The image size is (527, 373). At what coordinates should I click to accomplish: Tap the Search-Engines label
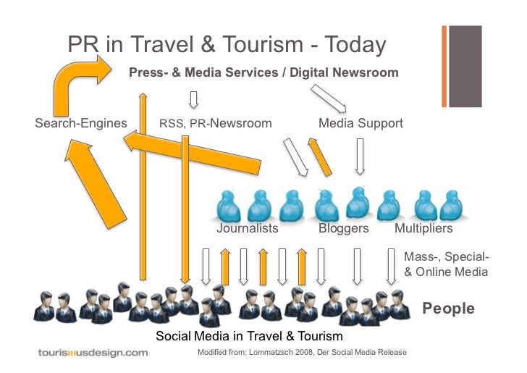tap(81, 123)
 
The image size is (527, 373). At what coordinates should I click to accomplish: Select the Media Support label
tap(361, 123)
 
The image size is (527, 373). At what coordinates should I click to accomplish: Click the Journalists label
tap(248, 228)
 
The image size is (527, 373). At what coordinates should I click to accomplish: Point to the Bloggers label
tap(344, 228)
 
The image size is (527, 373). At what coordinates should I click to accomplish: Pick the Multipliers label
tap(423, 228)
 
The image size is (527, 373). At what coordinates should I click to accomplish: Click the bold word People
tap(449, 309)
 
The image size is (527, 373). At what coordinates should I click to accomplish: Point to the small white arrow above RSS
tap(193, 99)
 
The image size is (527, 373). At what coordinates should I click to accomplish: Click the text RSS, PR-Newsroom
tap(216, 123)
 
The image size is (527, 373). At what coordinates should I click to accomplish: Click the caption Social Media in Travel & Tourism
tap(249, 336)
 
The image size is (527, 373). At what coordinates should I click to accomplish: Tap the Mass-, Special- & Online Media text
tap(446, 265)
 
